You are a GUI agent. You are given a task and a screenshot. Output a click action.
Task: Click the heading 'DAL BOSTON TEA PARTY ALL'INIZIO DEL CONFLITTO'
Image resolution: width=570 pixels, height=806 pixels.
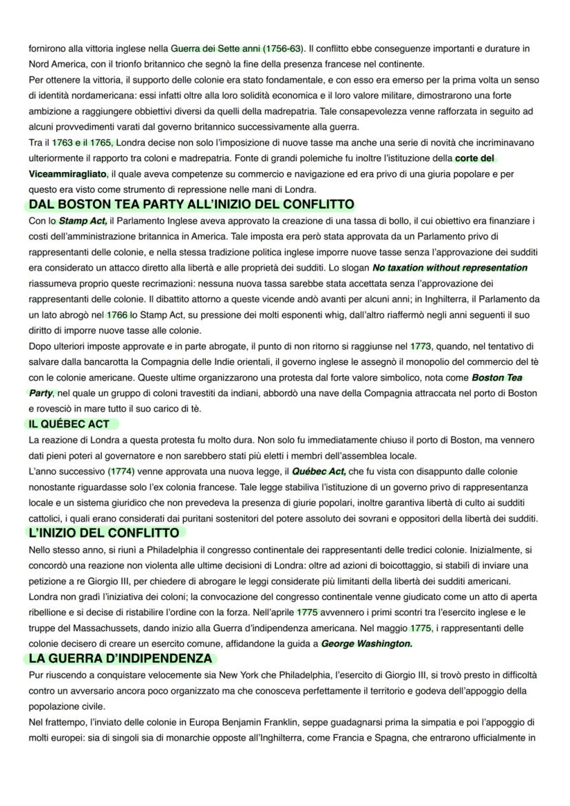click(x=191, y=204)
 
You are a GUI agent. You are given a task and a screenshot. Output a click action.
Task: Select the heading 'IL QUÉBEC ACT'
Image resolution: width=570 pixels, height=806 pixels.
click(x=68, y=424)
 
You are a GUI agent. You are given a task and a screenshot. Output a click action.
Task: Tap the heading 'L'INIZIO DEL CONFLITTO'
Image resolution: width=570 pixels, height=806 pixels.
click(x=104, y=533)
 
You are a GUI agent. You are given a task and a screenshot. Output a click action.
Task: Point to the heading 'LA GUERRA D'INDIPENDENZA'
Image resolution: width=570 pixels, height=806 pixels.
click(x=120, y=659)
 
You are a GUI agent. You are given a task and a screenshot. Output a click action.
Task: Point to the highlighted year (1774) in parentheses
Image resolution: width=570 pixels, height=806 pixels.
click(x=122, y=471)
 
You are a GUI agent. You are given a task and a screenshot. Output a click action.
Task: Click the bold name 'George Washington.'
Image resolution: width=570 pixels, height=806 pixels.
click(x=367, y=644)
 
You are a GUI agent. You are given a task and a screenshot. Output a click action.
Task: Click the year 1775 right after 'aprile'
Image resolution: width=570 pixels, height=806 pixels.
click(x=308, y=613)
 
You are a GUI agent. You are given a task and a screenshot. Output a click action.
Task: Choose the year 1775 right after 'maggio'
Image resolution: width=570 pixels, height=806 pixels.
click(x=421, y=628)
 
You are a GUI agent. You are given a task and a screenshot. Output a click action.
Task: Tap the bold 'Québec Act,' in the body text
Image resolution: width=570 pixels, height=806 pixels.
click(x=319, y=471)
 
